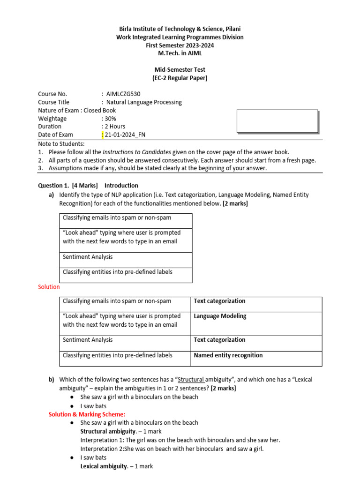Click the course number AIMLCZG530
click(123, 94)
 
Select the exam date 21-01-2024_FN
click(125, 135)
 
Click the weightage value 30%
click(111, 119)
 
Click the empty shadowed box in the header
click(277, 121)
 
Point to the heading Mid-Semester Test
click(180, 70)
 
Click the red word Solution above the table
click(49, 287)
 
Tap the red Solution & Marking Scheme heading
click(87, 414)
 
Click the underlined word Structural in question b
click(191, 380)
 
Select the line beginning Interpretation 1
click(180, 440)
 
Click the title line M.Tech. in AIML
click(180, 53)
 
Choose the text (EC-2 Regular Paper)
click(180, 78)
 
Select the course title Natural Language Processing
click(144, 102)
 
